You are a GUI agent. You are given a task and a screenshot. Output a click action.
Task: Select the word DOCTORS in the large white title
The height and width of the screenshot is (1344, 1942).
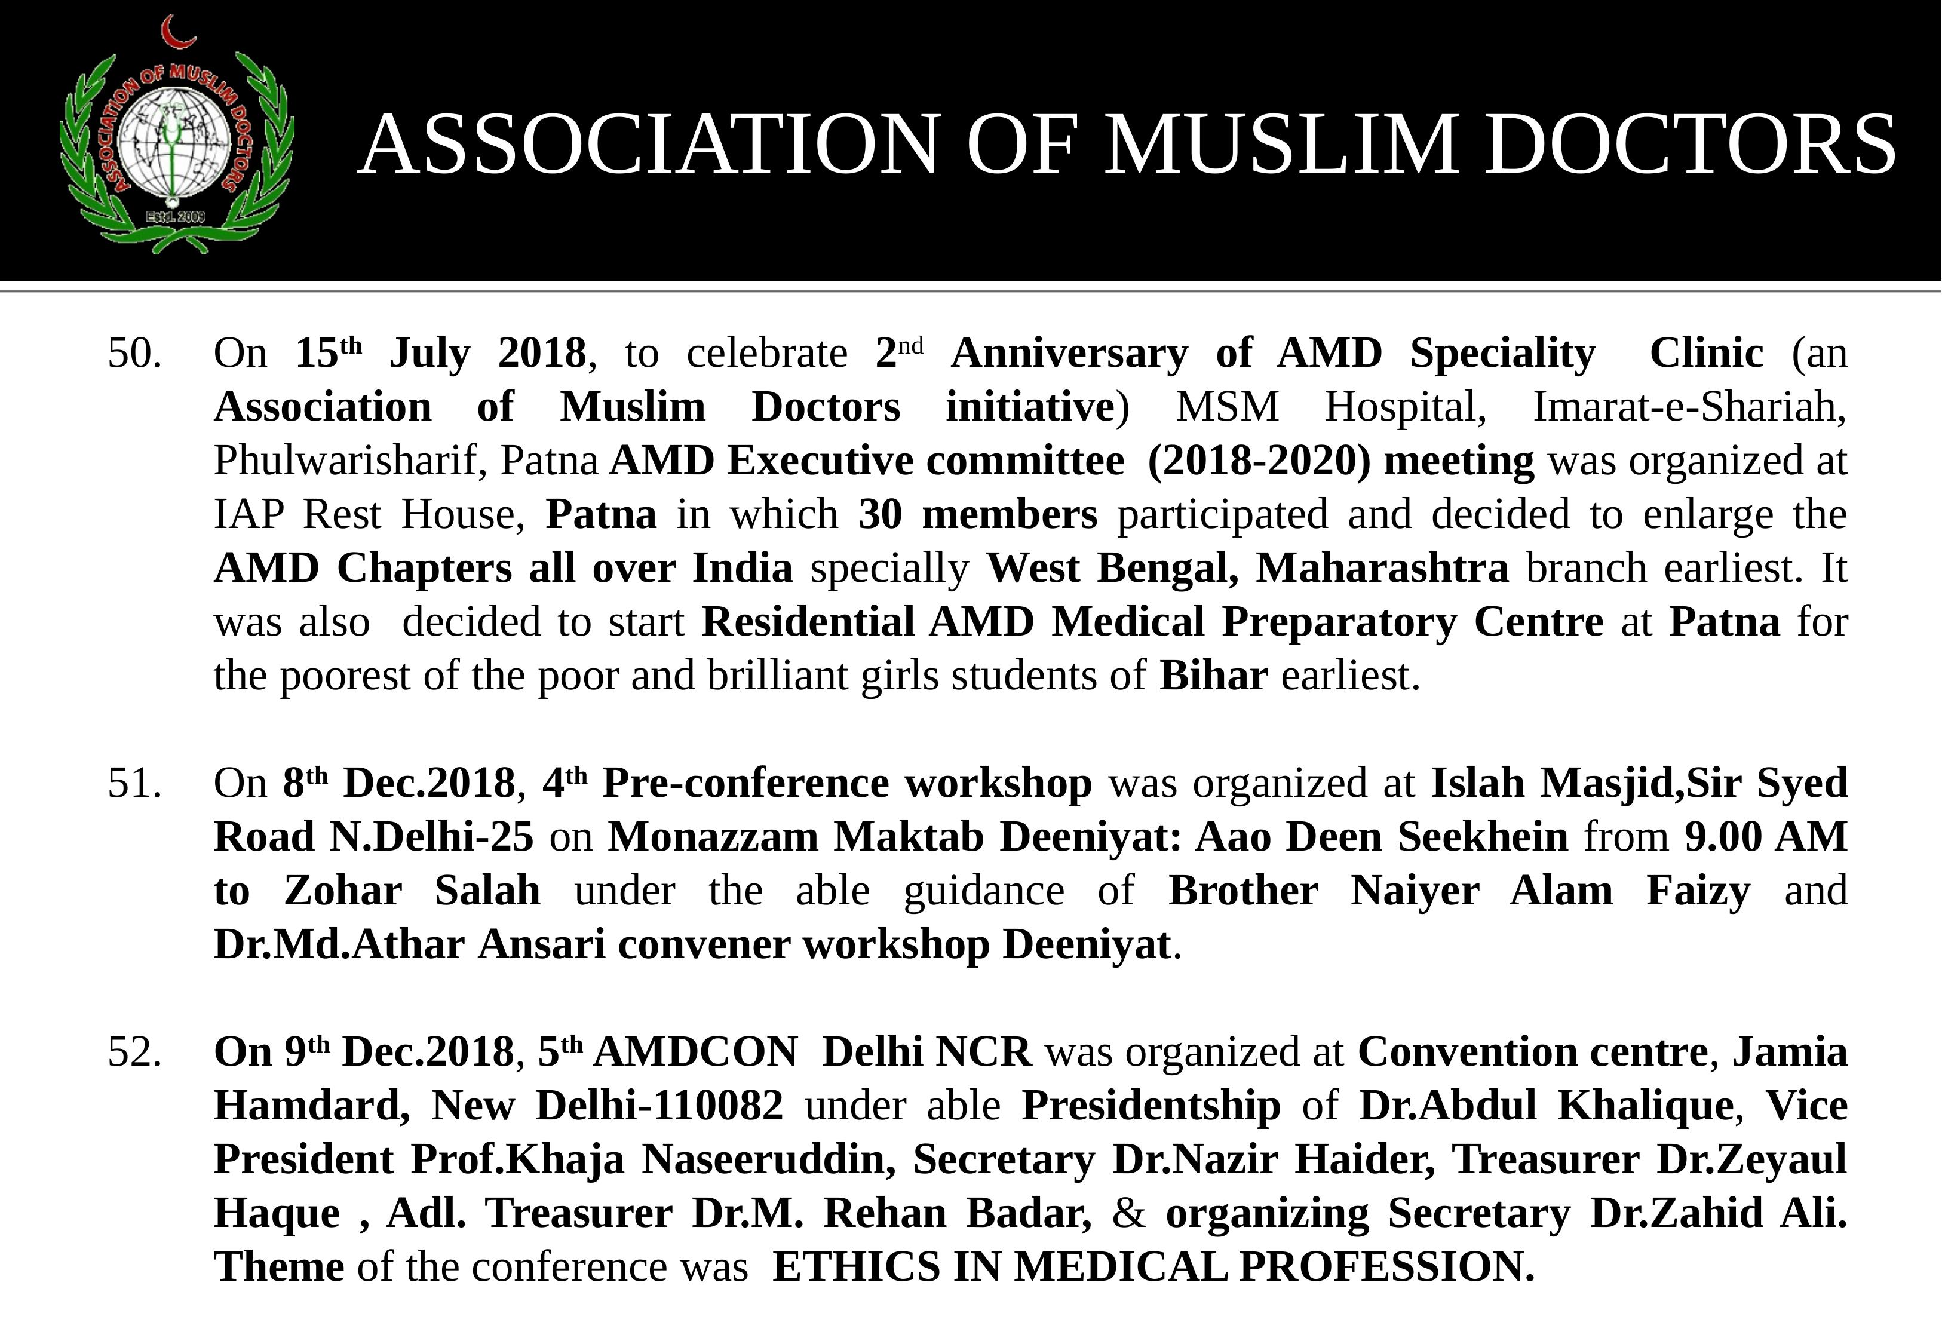(1689, 144)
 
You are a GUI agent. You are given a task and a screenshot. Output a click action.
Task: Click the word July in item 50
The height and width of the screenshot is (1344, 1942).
(429, 354)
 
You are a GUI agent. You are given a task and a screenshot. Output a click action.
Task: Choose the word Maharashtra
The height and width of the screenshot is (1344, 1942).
(1382, 569)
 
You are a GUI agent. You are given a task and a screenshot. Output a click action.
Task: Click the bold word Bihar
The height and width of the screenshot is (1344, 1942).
(1213, 676)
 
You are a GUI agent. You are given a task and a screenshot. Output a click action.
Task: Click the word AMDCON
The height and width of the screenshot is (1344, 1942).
(695, 1053)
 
